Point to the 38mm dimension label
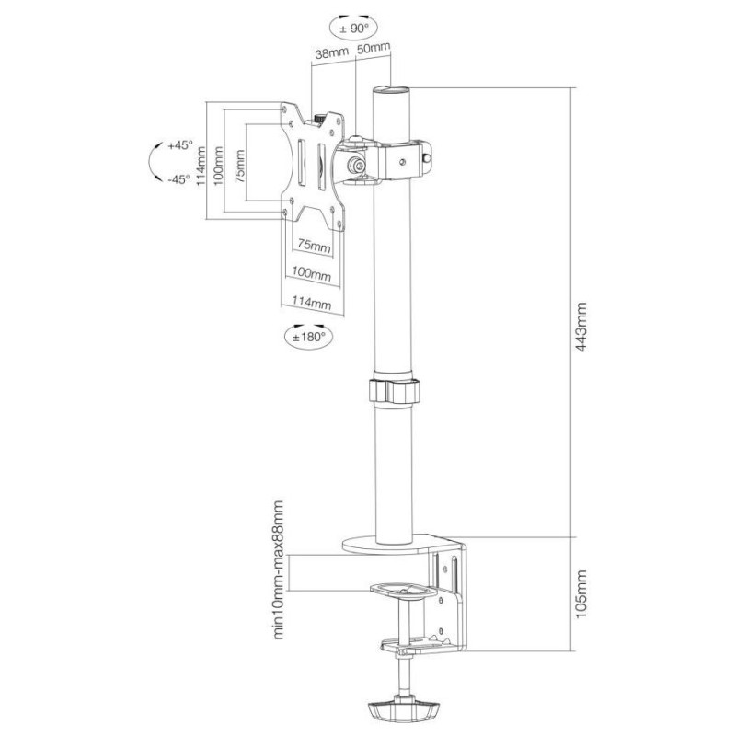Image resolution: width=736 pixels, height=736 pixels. [329, 54]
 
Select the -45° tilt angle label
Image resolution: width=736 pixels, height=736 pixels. [178, 178]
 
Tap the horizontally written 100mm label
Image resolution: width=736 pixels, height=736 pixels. [311, 274]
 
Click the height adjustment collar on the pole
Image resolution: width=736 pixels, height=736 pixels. [393, 387]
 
